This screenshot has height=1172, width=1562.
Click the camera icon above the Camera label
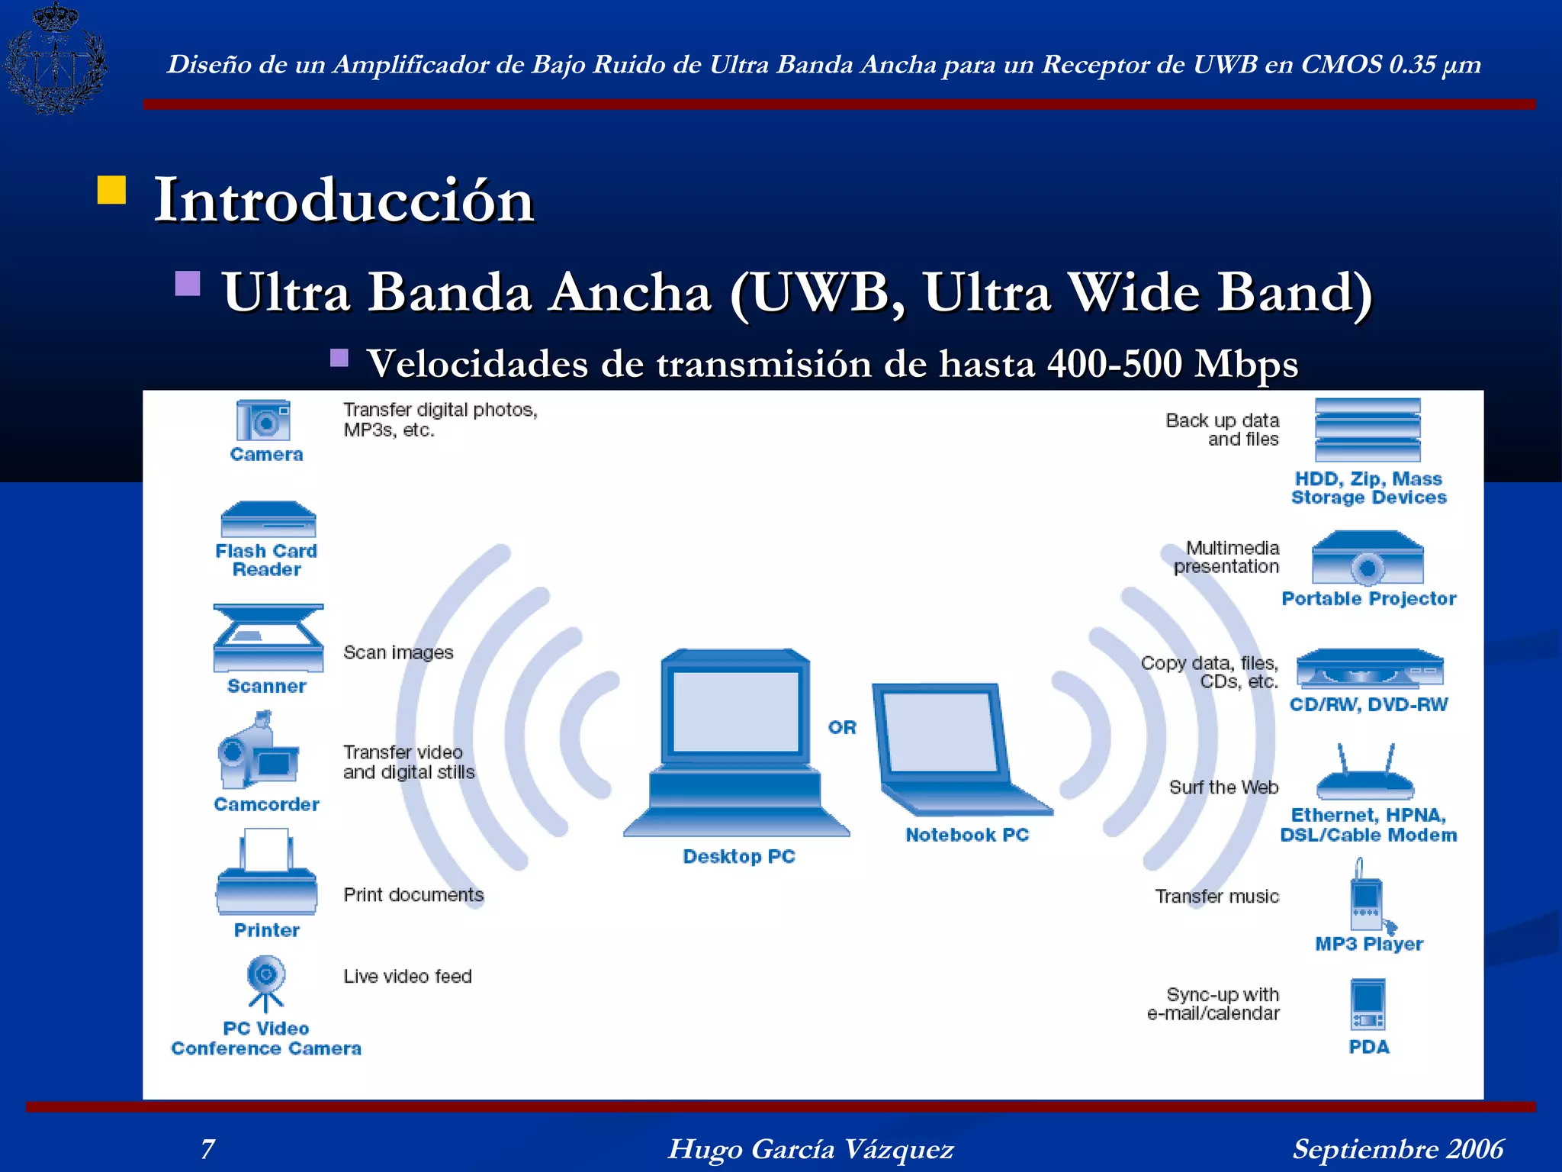pyautogui.click(x=263, y=420)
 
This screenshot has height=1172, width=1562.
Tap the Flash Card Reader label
pyautogui.click(x=266, y=560)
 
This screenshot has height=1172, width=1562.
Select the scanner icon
pyautogui.click(x=268, y=638)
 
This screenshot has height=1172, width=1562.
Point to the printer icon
pyautogui.click(x=266, y=874)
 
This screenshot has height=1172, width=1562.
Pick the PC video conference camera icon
pyautogui.click(x=265, y=984)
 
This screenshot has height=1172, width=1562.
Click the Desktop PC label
pyautogui.click(x=738, y=856)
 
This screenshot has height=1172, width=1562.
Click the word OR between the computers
pyautogui.click(x=842, y=727)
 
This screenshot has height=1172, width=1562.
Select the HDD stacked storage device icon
pyautogui.click(x=1368, y=430)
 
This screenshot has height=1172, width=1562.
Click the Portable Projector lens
pyautogui.click(x=1368, y=568)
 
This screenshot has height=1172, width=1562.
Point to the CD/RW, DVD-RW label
pyautogui.click(x=1368, y=704)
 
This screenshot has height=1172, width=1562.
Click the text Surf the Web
pyautogui.click(x=1223, y=787)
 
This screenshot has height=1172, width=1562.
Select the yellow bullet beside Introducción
pyautogui.click(x=111, y=190)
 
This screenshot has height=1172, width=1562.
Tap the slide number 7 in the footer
pyautogui.click(x=207, y=1148)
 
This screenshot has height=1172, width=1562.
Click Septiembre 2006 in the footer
pyautogui.click(x=1397, y=1148)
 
